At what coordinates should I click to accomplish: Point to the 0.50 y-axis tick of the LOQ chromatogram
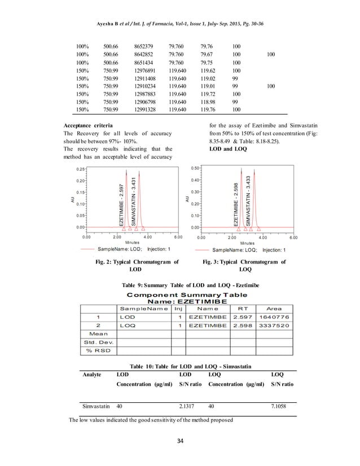(195, 168)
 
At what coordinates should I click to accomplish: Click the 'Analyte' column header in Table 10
(93, 373)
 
